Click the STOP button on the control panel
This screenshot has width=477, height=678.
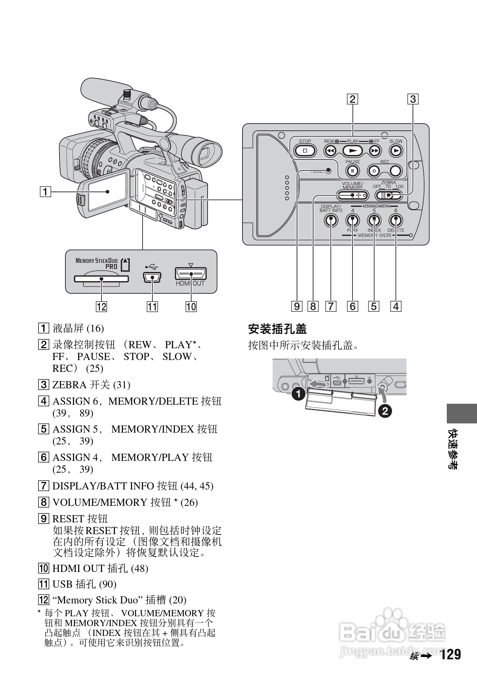tap(305, 151)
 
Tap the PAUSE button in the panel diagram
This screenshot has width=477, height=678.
tap(352, 170)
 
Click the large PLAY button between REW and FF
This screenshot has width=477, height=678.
tap(352, 151)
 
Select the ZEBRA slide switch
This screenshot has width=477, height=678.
tap(389, 196)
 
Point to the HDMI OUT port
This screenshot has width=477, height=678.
tap(191, 274)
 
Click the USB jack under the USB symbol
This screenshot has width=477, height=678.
tap(152, 278)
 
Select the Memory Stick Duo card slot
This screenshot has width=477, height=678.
tap(101, 279)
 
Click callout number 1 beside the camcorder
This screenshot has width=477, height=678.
tap(46, 191)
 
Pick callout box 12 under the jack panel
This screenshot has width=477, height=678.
tap(101, 306)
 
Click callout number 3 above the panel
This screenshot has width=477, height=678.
tap(413, 99)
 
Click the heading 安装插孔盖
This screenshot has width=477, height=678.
tap(277, 329)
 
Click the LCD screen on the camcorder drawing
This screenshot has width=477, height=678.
tap(107, 191)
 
